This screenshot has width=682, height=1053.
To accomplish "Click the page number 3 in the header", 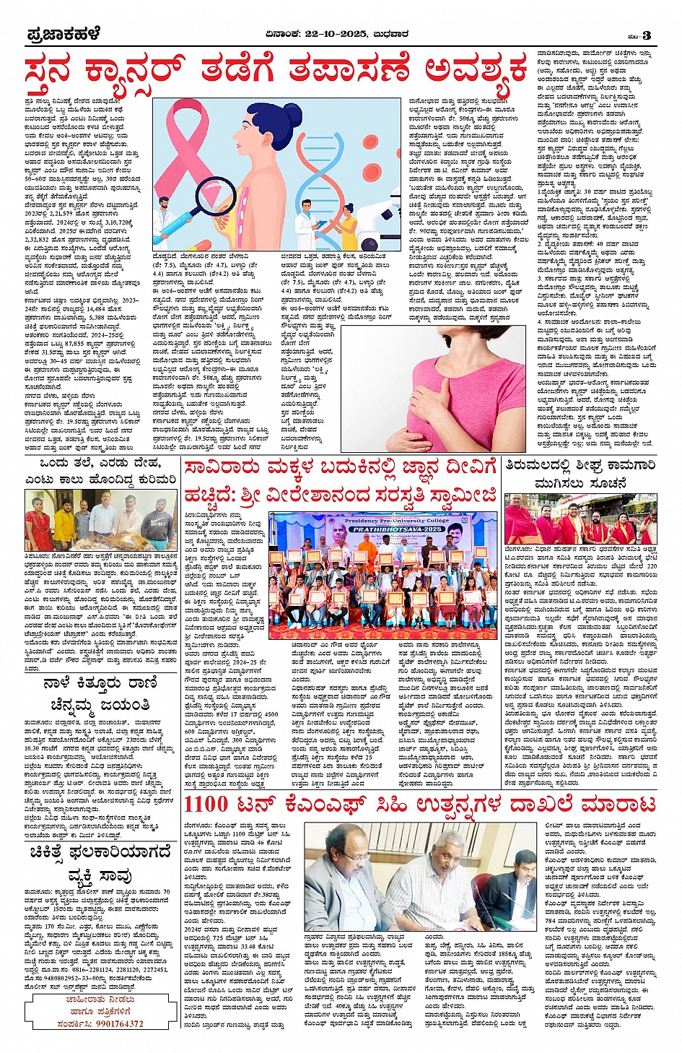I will [647, 35].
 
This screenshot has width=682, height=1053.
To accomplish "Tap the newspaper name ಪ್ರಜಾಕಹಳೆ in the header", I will [63, 35].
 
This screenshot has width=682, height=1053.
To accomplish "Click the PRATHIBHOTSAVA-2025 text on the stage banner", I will [382, 529].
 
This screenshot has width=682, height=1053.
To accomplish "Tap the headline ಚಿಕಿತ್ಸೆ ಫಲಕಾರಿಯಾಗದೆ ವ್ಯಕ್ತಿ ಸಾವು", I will [100, 864].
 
